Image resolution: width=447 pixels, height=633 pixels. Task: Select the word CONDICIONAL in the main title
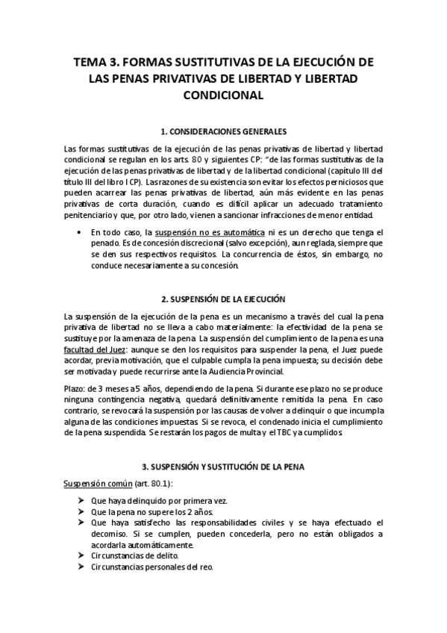click(x=223, y=96)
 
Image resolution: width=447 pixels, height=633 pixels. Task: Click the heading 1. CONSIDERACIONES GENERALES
click(x=223, y=131)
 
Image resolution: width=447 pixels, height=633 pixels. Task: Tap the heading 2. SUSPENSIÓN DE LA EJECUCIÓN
click(x=223, y=299)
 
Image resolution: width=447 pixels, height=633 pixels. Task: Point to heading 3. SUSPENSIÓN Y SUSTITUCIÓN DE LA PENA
click(x=223, y=466)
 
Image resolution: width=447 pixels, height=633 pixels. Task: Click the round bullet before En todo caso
click(x=80, y=233)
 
